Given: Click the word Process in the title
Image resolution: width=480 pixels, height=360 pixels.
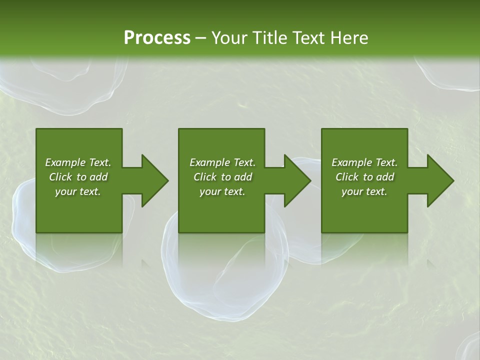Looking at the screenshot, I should pos(157,37).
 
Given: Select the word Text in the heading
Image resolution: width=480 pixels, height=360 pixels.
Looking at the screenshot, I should pos(305,37).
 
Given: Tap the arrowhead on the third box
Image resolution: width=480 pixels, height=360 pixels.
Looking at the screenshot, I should pos(439,180).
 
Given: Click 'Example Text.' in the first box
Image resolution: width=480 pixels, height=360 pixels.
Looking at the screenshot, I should pos(78,162).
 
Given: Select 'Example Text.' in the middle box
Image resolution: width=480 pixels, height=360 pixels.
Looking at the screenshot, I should pos(222,162).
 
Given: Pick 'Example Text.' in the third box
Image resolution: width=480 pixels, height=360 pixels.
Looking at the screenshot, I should pos(364,162).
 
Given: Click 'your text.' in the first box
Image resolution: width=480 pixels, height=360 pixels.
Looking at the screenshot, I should pos(78,191).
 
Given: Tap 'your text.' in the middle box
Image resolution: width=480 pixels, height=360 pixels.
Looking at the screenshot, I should pos(222,191).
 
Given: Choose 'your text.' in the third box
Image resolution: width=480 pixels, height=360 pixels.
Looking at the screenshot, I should pos(364,191).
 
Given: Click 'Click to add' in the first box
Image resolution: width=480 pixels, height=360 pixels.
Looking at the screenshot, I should pos(78,177).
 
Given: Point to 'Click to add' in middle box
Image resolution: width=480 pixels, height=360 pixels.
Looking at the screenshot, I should pos(222,177).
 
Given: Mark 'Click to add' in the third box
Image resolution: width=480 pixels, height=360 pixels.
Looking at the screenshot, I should pos(364,177).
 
